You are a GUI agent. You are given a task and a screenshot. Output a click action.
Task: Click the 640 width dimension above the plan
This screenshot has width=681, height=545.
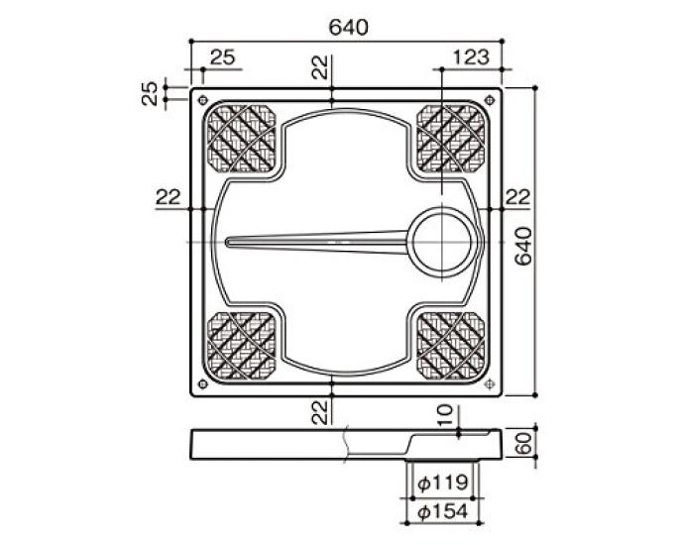point(346,27)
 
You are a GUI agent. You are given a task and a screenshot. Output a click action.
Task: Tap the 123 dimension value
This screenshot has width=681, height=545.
point(471,58)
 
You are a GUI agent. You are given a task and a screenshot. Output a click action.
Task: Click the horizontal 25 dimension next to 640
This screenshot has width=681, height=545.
point(224,58)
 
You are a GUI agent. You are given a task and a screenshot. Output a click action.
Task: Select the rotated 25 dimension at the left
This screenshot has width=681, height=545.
point(150,94)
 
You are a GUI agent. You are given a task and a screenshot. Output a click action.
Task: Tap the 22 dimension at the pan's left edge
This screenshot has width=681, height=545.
point(167,197)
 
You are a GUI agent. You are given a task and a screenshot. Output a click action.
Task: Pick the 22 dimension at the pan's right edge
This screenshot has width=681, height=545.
point(515,197)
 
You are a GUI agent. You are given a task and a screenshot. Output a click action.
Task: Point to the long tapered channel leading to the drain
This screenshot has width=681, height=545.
point(317,240)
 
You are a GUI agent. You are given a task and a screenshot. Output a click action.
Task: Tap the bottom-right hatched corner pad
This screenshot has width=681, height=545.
point(452,344)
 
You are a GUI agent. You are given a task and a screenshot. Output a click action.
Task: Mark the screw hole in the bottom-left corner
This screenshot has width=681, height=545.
point(203,384)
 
